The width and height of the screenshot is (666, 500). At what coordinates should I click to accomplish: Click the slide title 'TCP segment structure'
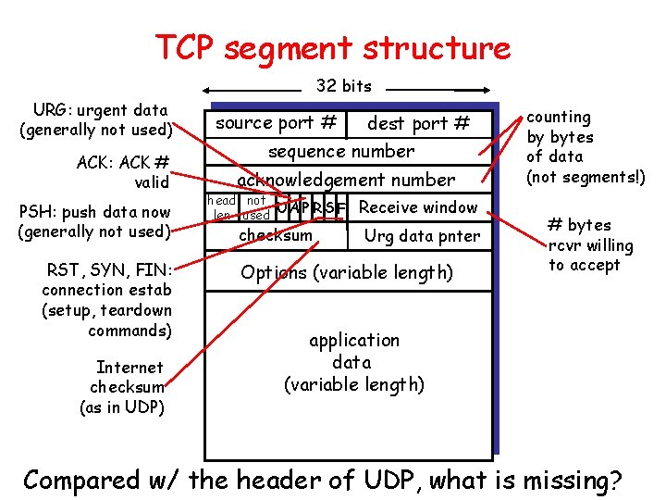pos(332,47)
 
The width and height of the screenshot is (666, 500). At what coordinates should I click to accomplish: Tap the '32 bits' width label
pos(343,86)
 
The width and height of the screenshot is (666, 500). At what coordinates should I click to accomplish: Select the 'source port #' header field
pos(275,123)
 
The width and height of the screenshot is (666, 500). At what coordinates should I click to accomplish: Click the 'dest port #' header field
pos(418,123)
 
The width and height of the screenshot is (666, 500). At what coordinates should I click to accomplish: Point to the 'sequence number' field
pos(341,151)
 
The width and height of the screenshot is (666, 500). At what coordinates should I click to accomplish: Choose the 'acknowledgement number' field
pos(346,180)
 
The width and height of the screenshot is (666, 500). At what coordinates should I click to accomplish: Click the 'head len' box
pos(221,207)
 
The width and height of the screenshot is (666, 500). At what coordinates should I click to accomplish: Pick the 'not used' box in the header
pos(256,207)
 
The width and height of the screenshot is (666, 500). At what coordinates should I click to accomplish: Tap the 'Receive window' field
pos(417,207)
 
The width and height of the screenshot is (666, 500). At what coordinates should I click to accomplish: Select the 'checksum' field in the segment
pos(276,236)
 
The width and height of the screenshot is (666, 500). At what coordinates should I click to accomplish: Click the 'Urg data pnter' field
pos(422,236)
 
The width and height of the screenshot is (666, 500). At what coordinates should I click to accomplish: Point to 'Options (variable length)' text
pos(346,272)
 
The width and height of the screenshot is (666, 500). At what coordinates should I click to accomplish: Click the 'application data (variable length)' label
pos(353,362)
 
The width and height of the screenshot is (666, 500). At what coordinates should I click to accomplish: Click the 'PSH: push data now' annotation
pos(94,221)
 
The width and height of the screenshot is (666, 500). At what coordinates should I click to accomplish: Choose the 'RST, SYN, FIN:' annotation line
pos(109,270)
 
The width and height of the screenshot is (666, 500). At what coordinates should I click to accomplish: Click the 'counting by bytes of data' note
pos(585,146)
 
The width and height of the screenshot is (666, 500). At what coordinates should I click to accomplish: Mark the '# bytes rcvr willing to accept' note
pos(590,244)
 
